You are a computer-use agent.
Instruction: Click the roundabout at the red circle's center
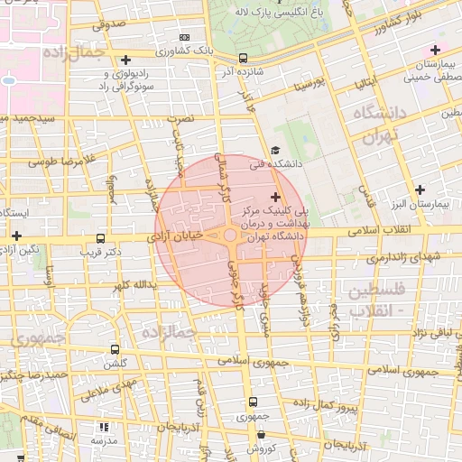pos(231,235)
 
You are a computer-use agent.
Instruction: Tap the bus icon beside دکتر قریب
pos(100,239)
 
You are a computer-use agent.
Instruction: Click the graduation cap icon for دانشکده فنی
pos(275,151)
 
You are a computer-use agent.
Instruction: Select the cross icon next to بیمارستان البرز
pos(420,189)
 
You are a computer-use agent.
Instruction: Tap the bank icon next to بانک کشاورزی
pos(185,37)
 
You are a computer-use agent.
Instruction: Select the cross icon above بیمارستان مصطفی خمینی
pos(436,50)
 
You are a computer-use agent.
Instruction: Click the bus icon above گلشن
pos(115,348)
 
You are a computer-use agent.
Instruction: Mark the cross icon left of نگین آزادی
pos(16,236)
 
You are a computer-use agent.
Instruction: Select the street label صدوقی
pos(108,26)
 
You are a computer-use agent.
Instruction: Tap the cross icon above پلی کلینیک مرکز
pos(275,197)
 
